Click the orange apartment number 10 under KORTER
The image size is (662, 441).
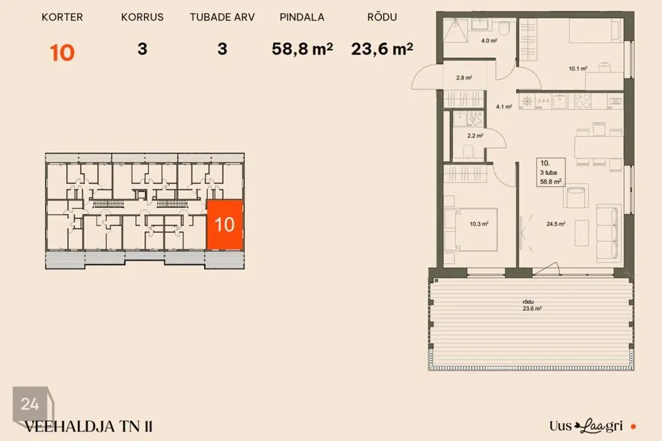coord(62,53)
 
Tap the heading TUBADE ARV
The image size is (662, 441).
coord(222,17)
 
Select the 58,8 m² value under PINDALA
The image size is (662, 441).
coord(302,49)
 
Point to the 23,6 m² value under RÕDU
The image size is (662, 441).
coord(382,49)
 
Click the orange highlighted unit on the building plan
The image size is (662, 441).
coord(225,225)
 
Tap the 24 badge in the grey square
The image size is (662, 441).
coord(30,404)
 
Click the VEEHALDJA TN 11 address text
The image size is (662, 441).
coord(88,427)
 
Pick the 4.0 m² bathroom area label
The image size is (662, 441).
coord(489,41)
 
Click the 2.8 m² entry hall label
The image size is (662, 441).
coord(464,78)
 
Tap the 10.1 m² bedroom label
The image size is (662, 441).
coord(578,68)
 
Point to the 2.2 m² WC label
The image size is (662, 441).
coord(475,136)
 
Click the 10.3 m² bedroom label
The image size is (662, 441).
coord(479,224)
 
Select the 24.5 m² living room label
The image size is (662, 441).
coord(556,224)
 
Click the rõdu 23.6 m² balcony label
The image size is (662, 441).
coord(532,305)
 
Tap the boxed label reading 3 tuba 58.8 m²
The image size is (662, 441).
coord(550,172)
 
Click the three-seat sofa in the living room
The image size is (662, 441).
coord(608,232)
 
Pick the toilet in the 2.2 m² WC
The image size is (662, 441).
coord(468,151)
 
